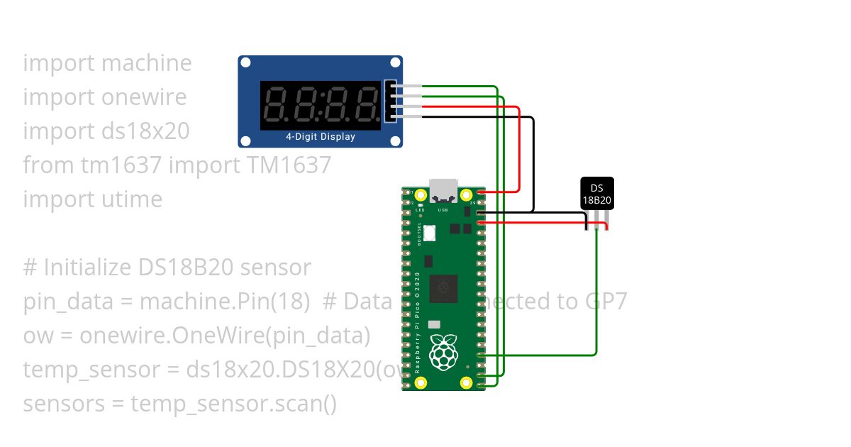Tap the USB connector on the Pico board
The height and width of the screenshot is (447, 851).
point(443,189)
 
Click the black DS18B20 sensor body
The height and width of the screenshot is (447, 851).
point(597,193)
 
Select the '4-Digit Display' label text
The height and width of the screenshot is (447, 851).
point(321,136)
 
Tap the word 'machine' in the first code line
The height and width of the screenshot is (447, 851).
point(147,62)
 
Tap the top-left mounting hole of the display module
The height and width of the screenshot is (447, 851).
point(245,63)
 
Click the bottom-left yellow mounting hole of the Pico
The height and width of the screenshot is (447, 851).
point(421,383)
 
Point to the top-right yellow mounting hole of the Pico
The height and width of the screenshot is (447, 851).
point(466,194)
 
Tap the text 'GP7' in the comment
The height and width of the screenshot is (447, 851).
point(606,302)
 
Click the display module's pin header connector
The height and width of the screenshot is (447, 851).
point(391,101)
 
